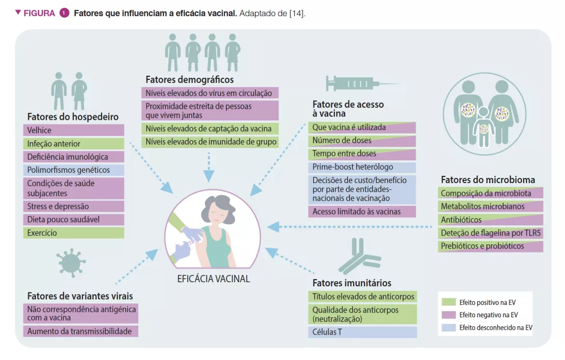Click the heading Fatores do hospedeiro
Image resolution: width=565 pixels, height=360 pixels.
(x=73, y=117)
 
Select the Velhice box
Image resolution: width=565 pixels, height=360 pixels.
(x=74, y=130)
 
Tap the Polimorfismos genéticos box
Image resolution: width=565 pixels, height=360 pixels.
(x=74, y=170)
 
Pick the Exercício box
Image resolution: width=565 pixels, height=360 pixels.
(x=74, y=233)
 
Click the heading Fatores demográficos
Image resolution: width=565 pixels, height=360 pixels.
(x=189, y=80)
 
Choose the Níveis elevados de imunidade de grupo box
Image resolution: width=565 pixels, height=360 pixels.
(x=210, y=142)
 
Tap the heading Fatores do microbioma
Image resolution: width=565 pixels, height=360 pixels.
(x=488, y=180)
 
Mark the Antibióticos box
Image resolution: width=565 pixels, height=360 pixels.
(x=490, y=219)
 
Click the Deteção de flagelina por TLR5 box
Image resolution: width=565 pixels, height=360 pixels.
(x=490, y=233)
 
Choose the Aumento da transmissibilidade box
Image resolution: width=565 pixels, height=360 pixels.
(x=80, y=331)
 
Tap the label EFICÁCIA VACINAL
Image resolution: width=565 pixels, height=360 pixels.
(x=213, y=279)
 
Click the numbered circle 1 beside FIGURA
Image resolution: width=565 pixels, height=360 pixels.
(x=64, y=13)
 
